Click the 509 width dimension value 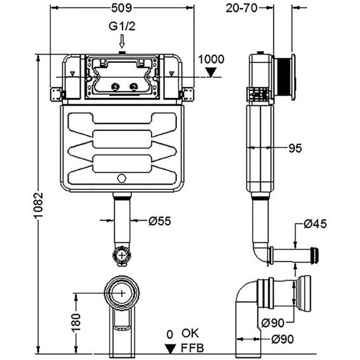pos(122,8)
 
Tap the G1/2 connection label pos(121,26)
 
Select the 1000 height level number pos(211,59)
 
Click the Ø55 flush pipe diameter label pos(160,221)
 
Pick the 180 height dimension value pos(75,322)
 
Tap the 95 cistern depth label pos(295,148)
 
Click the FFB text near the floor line pos(191,349)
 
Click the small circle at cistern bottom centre pos(121,178)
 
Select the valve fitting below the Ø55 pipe pos(121,255)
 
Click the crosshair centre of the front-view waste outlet pos(121,292)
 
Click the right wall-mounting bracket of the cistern pos(187,94)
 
